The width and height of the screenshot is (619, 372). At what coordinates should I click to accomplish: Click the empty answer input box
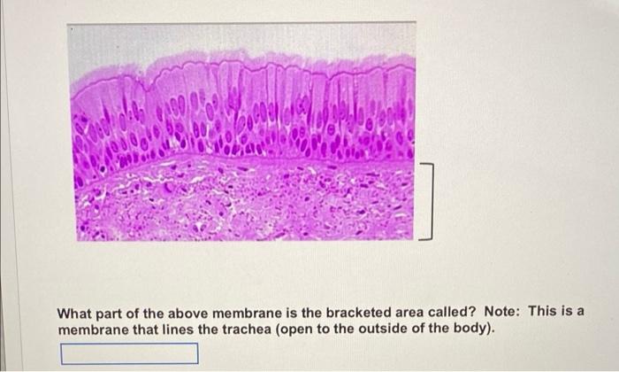[129, 354]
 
